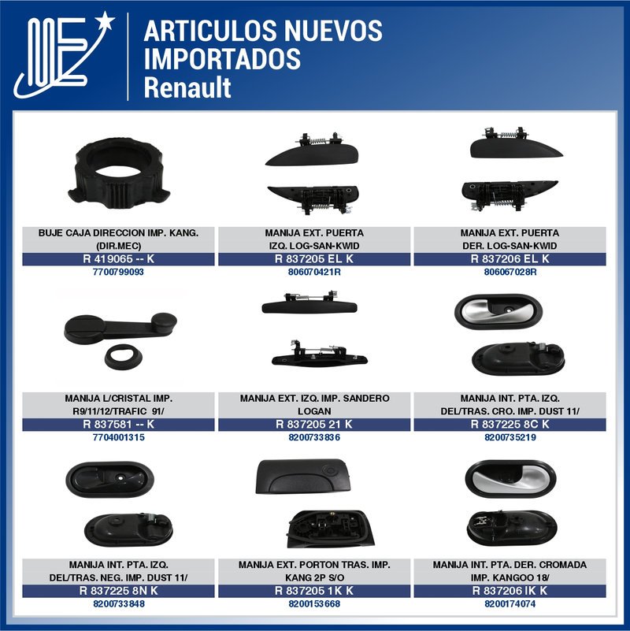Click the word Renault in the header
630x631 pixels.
pyautogui.click(x=187, y=87)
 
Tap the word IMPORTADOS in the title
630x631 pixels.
pyautogui.click(x=222, y=59)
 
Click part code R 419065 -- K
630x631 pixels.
pyautogui.click(x=118, y=258)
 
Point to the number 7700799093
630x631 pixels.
pyautogui.click(x=118, y=272)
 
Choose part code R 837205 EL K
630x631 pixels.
pyautogui.click(x=313, y=258)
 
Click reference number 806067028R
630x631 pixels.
pyautogui.click(x=510, y=272)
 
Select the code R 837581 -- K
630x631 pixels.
pyautogui.click(x=118, y=424)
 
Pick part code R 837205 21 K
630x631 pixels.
pyautogui.click(x=313, y=424)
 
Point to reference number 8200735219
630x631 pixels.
pyautogui.click(x=510, y=437)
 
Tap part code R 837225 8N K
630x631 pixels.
pyautogui.click(x=118, y=591)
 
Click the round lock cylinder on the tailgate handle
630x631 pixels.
pyautogui.click(x=331, y=469)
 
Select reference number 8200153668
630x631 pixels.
pyautogui.click(x=314, y=604)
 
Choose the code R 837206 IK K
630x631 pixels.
pyautogui.click(x=510, y=591)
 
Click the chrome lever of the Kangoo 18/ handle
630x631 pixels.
pyautogui.click(x=511, y=478)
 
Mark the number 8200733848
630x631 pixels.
pyautogui.click(x=119, y=604)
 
